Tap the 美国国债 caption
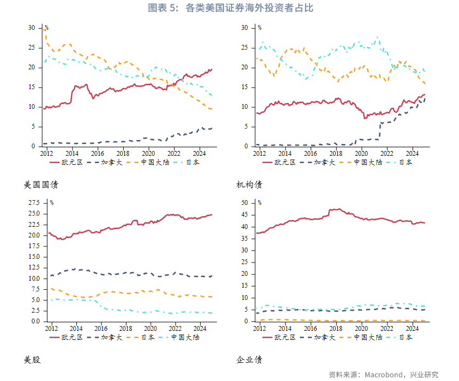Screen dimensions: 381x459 click(x=41, y=185)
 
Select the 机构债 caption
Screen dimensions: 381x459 click(x=249, y=185)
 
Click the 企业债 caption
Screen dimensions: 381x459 click(x=249, y=360)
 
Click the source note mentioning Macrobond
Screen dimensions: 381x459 click(x=383, y=374)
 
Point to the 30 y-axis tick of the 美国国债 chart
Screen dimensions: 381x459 click(x=31, y=28)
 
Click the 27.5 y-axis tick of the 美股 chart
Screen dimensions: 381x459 click(x=33, y=203)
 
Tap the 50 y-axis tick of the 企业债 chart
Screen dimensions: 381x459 click(x=244, y=203)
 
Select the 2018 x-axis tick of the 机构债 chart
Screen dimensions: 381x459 click(x=335, y=153)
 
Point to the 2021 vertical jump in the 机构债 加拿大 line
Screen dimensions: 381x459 click(x=380, y=131)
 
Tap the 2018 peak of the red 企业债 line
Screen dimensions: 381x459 click(x=338, y=209)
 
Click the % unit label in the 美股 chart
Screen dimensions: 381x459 click(x=52, y=203)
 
